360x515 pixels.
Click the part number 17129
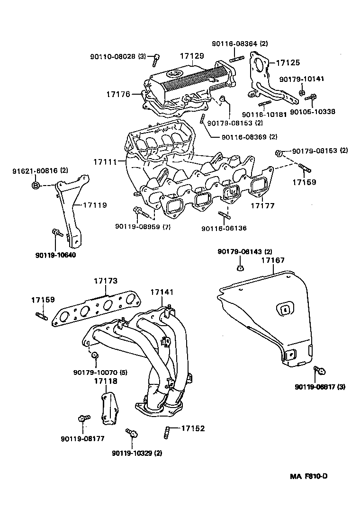[192, 56]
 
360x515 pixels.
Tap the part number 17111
[105, 162]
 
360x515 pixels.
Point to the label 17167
[273, 260]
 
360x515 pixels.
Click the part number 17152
[193, 428]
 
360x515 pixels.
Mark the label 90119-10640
[55, 255]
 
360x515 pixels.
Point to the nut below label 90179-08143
[240, 269]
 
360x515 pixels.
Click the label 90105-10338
[312, 112]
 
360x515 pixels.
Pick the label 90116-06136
[224, 228]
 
